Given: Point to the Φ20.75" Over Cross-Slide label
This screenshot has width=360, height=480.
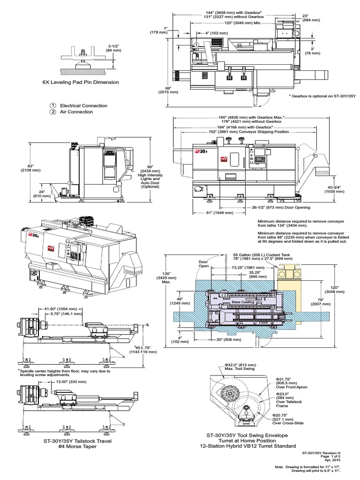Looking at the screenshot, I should (285, 418).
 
